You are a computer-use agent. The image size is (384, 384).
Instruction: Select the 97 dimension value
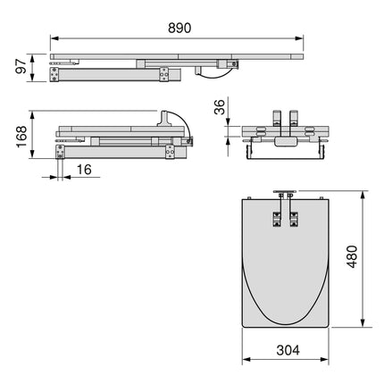pyautogui.click(x=19, y=68)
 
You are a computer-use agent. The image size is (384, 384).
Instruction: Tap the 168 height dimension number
pyautogui.click(x=19, y=135)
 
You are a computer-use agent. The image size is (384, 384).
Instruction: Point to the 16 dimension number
pyautogui.click(x=83, y=171)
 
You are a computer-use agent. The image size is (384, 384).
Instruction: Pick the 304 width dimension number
pyautogui.click(x=287, y=350)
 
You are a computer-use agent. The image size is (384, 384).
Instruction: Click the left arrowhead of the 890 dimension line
pyautogui.click(x=53, y=39)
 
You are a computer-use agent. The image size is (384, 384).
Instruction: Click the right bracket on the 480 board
pyautogui.click(x=294, y=221)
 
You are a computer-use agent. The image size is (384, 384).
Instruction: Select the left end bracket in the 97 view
pyautogui.click(x=60, y=77)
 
